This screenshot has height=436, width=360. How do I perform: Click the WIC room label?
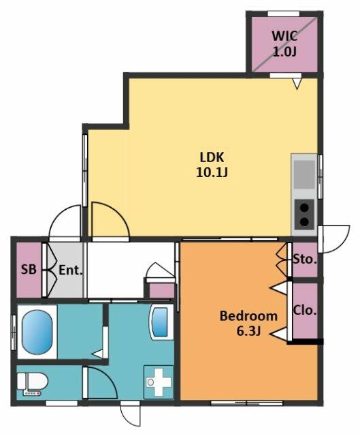[284, 36]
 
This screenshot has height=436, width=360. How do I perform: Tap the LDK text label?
[212, 157]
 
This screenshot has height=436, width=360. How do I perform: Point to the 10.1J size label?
[212, 172]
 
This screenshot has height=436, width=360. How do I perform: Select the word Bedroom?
[248, 316]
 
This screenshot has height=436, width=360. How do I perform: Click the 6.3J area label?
[248, 331]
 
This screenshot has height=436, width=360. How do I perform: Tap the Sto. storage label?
[305, 260]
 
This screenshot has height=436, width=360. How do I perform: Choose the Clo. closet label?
[305, 311]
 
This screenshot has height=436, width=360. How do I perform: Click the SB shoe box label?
[29, 269]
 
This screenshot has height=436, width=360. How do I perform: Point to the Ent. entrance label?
[71, 270]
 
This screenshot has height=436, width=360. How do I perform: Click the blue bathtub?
[37, 332]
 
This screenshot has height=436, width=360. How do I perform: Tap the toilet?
[33, 384]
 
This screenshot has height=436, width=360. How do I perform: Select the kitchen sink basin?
[304, 174]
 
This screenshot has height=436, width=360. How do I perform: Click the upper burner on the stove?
[305, 207]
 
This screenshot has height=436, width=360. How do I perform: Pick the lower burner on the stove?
[305, 221]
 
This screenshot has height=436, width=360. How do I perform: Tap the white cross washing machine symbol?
[159, 381]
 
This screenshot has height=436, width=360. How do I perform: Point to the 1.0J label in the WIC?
[284, 52]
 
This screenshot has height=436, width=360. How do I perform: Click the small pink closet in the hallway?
[162, 291]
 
